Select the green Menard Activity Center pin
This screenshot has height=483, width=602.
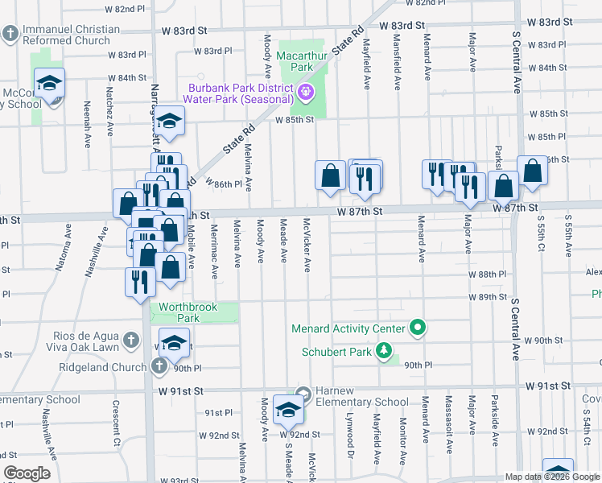pyautogui.click(x=417, y=328)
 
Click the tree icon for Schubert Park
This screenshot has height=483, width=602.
pyautogui.click(x=385, y=351)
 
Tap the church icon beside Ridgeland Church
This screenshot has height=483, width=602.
pyautogui.click(x=159, y=367)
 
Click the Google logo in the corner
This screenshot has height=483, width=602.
pyautogui.click(x=27, y=473)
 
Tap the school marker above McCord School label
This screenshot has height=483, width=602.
pyautogui.click(x=49, y=83)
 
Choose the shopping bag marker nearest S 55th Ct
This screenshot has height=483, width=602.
pyautogui.click(x=532, y=171)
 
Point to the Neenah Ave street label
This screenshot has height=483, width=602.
pyautogui.click(x=86, y=124)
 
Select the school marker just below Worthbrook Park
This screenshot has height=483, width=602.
pyautogui.click(x=174, y=345)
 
